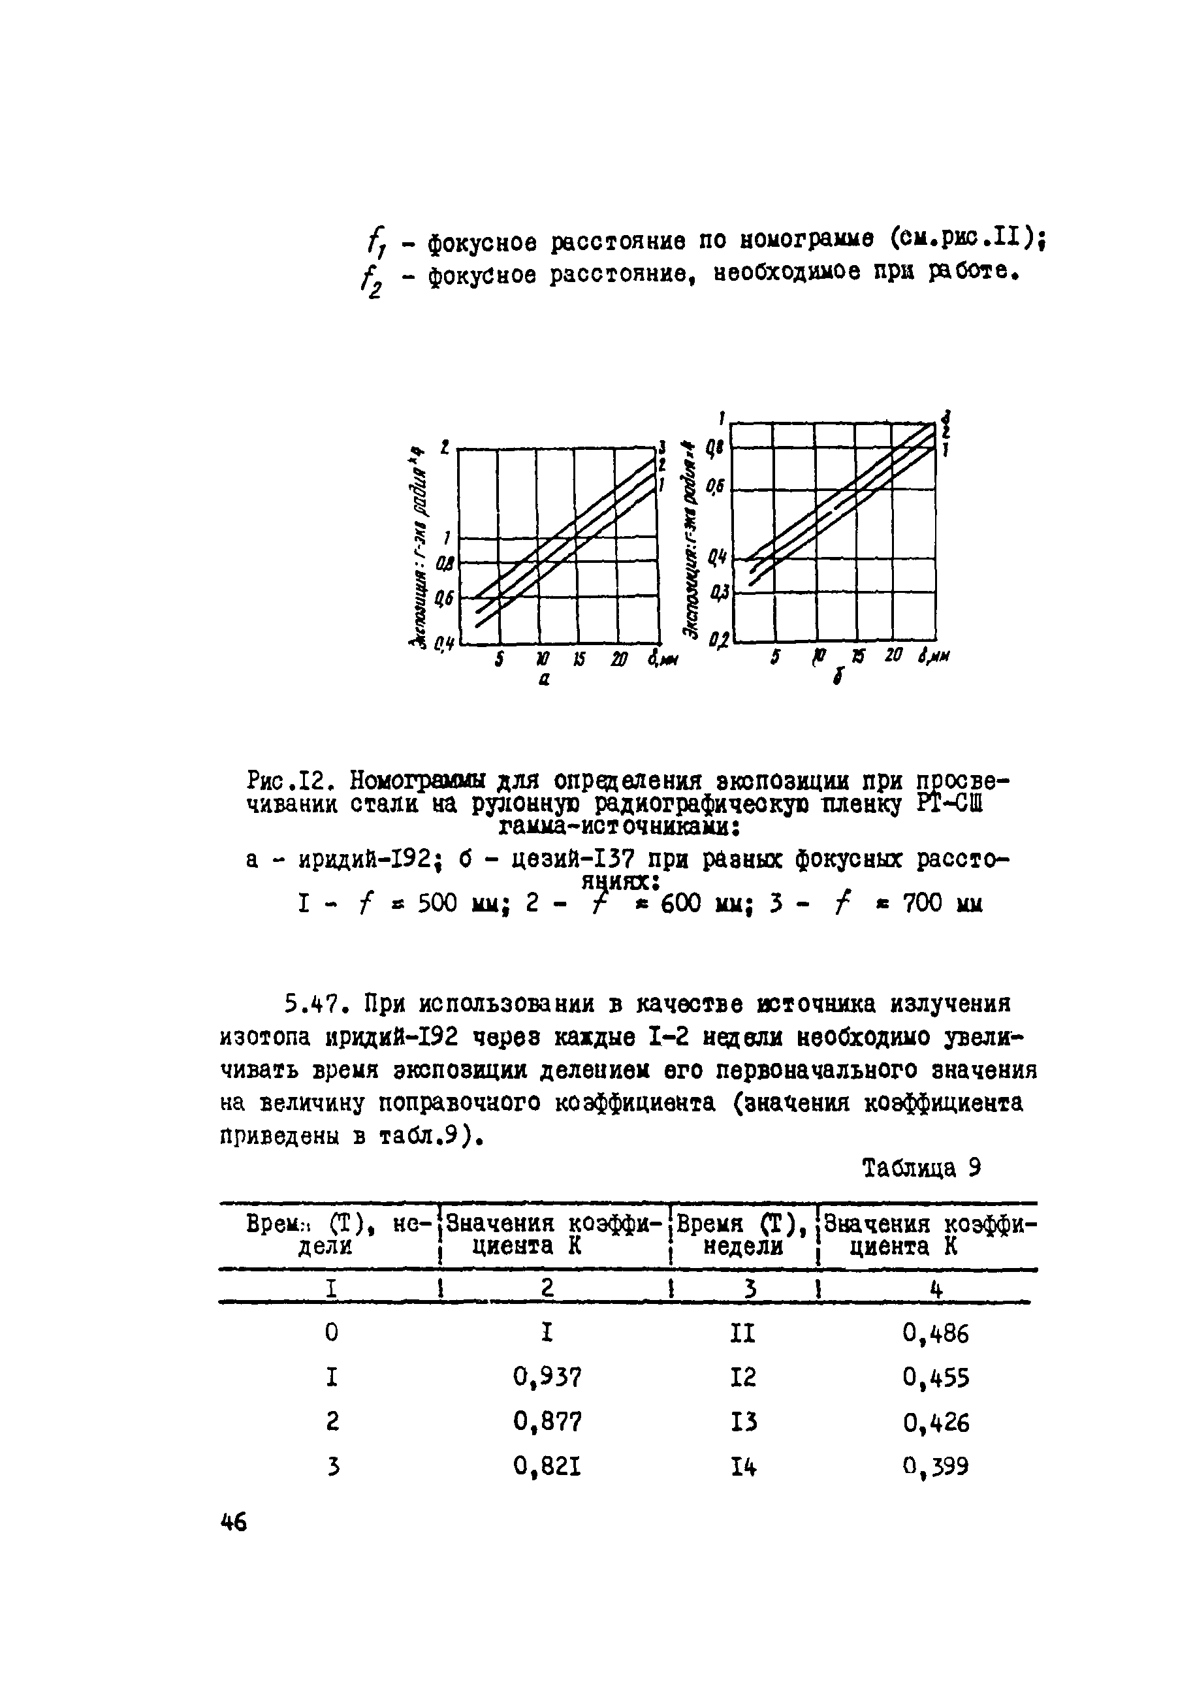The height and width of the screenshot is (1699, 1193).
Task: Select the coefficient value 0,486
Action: tap(934, 1333)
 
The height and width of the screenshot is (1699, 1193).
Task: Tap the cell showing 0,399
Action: tap(934, 1466)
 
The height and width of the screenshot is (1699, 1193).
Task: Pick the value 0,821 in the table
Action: tap(547, 1466)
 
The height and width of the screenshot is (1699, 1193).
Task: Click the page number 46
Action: tap(234, 1523)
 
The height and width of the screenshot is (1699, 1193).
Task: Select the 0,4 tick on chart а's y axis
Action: tap(443, 645)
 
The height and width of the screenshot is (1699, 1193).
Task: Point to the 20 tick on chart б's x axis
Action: tap(893, 655)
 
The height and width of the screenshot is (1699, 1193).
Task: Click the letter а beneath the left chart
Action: tap(544, 680)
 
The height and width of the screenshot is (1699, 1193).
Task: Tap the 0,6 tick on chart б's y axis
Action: tap(716, 487)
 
